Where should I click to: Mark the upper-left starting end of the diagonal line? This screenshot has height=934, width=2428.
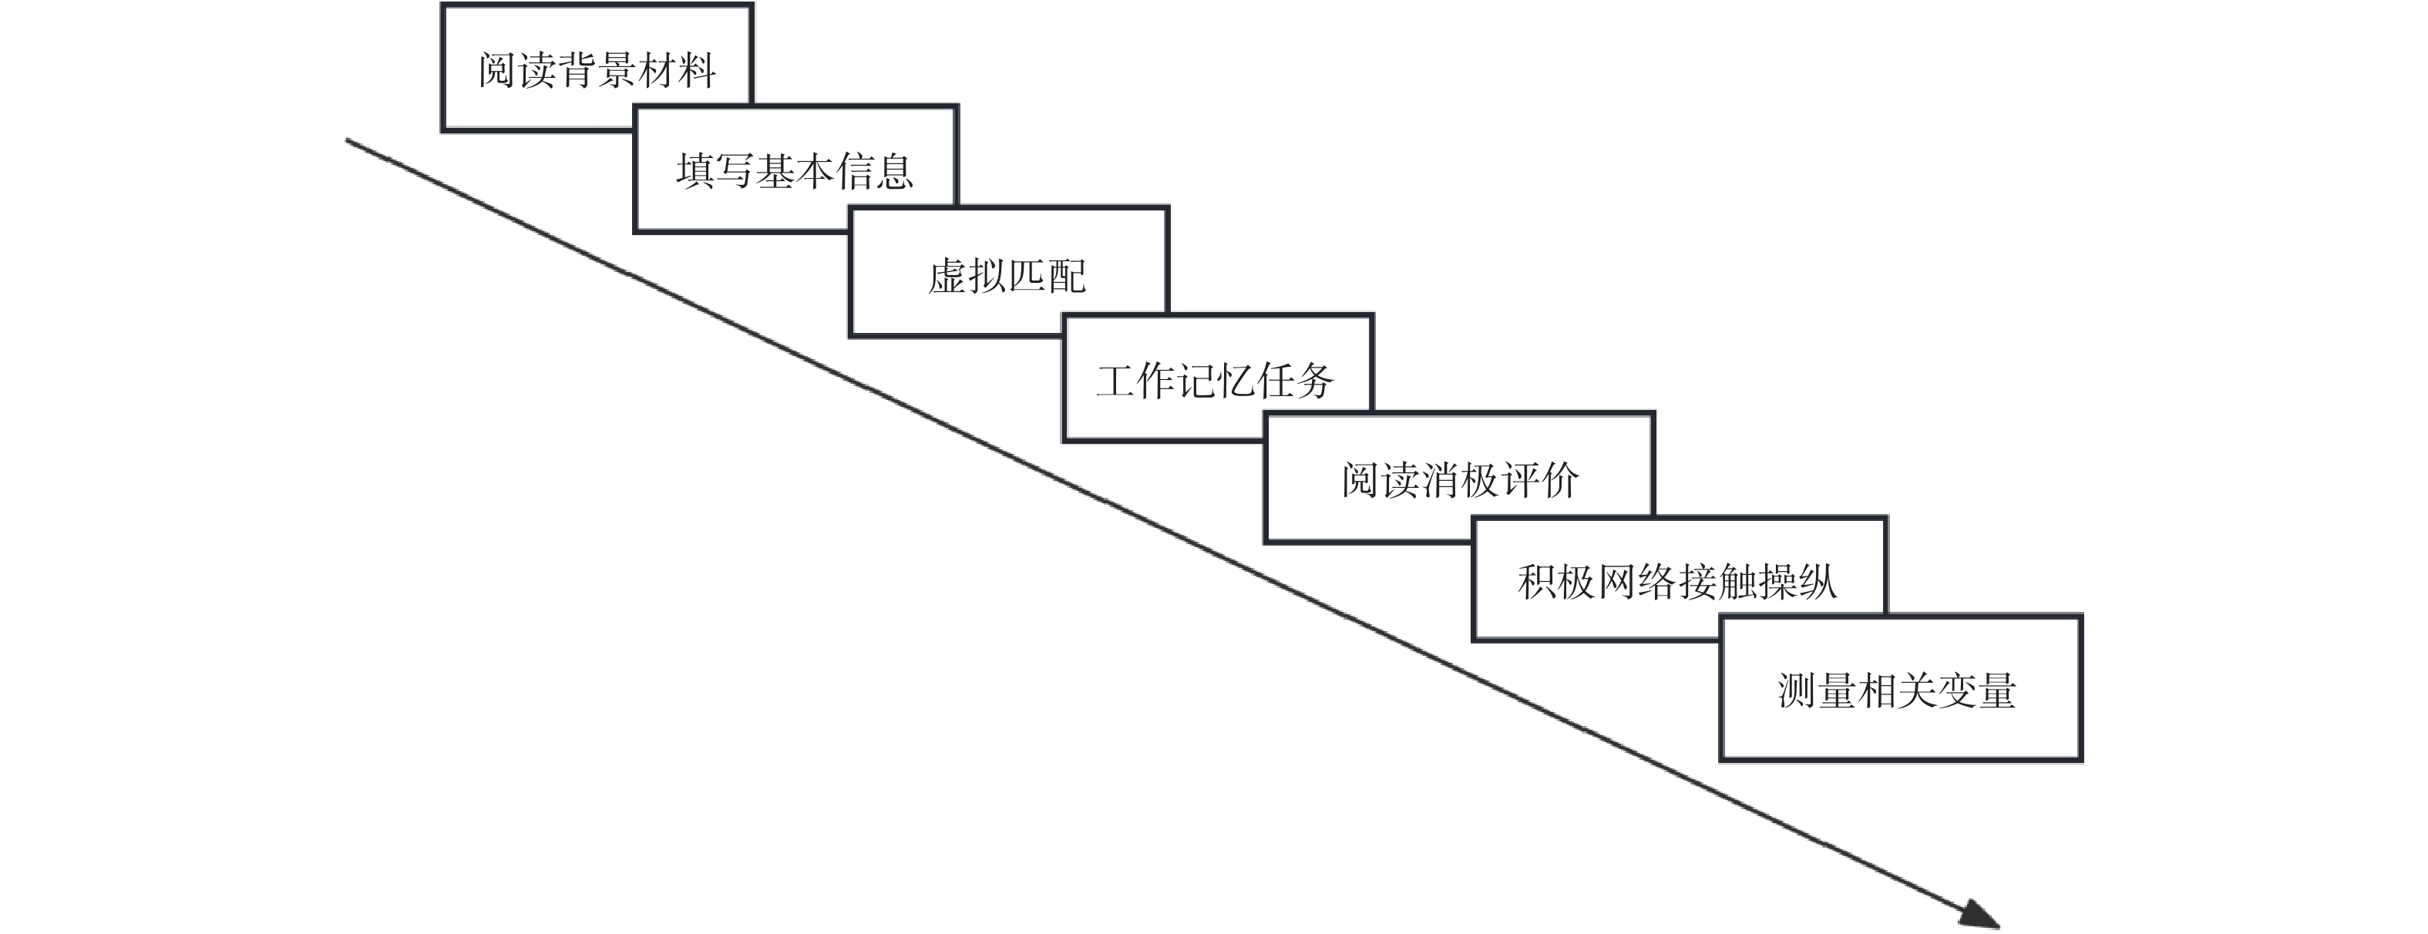[348, 141]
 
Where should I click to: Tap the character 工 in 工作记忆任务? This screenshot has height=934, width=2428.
[1116, 381]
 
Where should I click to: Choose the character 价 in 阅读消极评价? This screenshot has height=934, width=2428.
[1559, 481]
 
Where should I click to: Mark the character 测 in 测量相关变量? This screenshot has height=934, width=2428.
[1797, 690]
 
